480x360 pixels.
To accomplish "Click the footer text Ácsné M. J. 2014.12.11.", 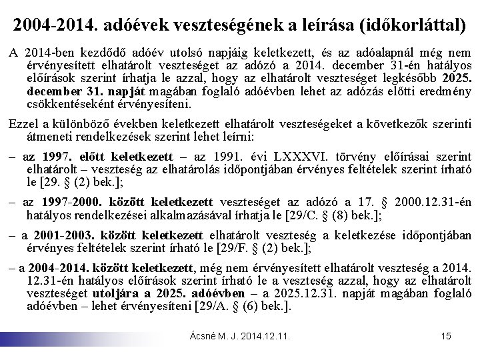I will click(x=241, y=337).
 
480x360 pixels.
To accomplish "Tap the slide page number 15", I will click(x=447, y=337).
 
